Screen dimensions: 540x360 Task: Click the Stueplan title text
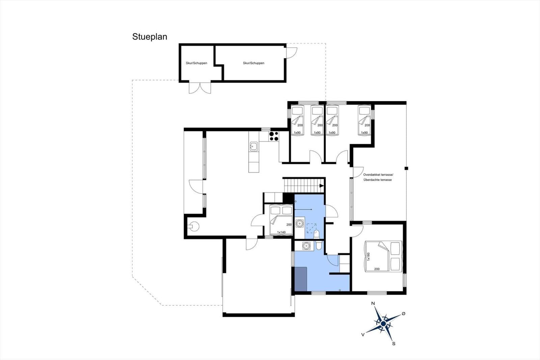click(x=150, y=37)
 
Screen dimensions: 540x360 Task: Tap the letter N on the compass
click(x=373, y=303)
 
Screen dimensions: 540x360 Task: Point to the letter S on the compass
click(x=394, y=343)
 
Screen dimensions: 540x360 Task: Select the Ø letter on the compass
click(x=403, y=314)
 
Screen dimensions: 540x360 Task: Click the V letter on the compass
click(x=362, y=334)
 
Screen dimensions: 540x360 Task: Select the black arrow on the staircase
click(x=322, y=185)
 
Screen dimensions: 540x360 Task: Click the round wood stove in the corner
click(x=193, y=226)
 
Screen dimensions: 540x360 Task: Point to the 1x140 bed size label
click(x=281, y=232)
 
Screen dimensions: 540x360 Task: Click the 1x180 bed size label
click(x=368, y=256)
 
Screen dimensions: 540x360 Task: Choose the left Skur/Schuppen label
click(x=196, y=63)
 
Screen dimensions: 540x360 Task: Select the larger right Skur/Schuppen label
click(x=253, y=63)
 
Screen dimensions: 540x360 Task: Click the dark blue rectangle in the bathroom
click(x=301, y=279)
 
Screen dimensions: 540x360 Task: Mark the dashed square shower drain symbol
click(x=312, y=228)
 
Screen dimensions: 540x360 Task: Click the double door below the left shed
click(x=200, y=88)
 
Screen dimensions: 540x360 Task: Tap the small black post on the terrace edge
click(x=406, y=169)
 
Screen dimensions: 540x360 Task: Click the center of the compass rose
click(x=383, y=323)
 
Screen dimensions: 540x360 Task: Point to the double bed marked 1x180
click(x=383, y=256)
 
